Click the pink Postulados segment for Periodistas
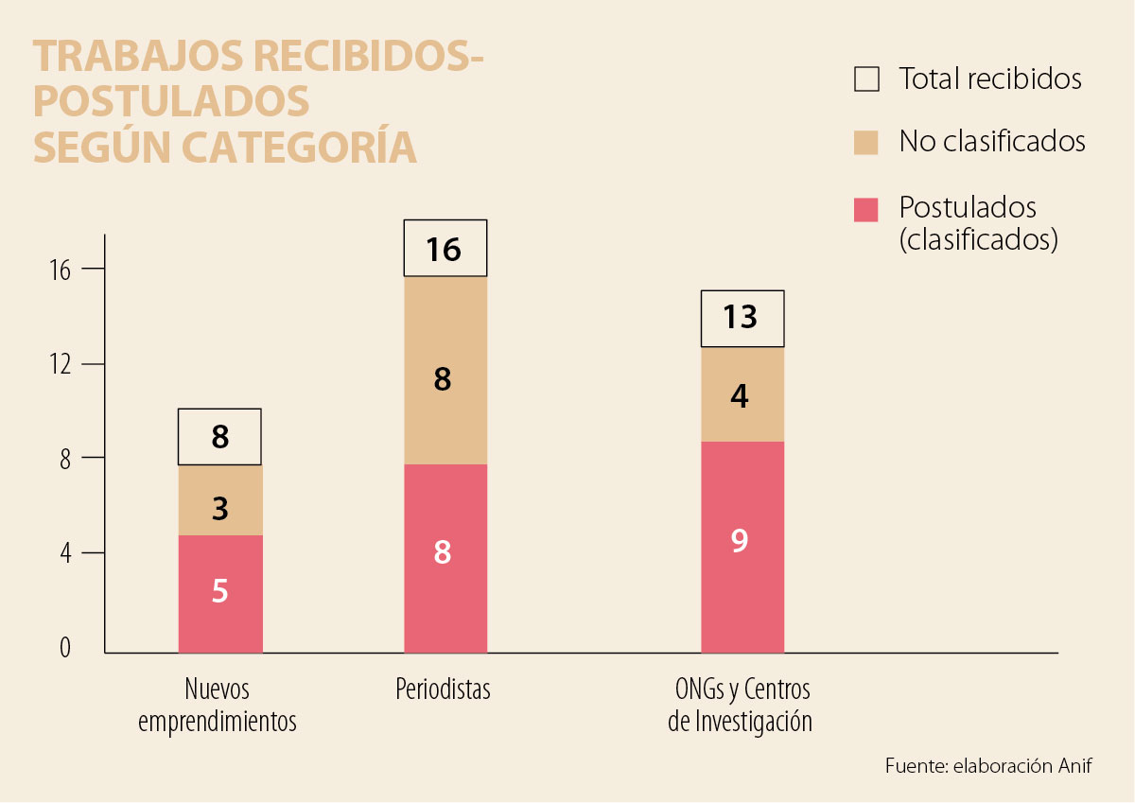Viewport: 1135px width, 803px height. click(445, 558)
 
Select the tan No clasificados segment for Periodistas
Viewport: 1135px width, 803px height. click(445, 371)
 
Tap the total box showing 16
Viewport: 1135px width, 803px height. click(445, 249)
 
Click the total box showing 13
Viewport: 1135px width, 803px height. click(742, 319)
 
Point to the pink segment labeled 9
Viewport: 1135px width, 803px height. click(742, 547)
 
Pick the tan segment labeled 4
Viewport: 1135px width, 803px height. click(742, 395)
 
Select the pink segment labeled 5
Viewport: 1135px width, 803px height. click(220, 594)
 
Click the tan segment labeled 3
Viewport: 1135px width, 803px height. click(220, 500)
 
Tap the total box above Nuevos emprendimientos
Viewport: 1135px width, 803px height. click(219, 437)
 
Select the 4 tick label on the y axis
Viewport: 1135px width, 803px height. click(65, 553)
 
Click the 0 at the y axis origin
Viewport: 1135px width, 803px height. click(65, 649)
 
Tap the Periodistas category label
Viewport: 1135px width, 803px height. click(443, 689)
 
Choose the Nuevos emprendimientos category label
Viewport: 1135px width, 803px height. click(218, 705)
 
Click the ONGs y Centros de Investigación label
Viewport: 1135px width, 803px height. click(740, 705)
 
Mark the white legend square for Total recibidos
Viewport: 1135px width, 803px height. click(866, 79)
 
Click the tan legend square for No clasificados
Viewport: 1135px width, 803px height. click(866, 142)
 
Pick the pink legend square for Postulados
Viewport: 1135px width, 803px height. click(866, 209)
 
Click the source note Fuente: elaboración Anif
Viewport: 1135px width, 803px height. click(988, 766)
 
